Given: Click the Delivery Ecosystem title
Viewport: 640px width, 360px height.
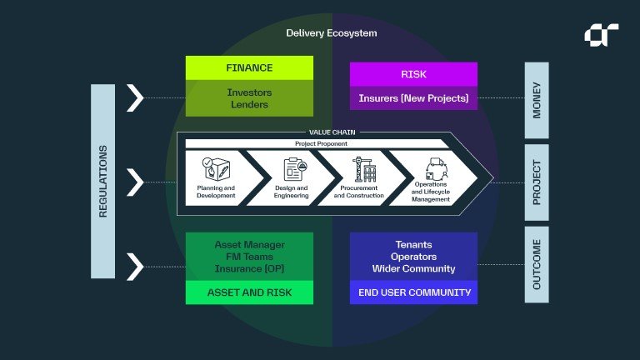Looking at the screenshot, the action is [332, 33].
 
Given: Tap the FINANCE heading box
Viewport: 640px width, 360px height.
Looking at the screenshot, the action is [249, 67].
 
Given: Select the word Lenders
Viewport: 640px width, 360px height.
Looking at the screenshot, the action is [249, 104].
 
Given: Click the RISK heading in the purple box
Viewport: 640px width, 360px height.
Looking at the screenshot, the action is [413, 74].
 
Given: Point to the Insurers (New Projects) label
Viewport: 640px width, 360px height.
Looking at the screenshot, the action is [413, 98].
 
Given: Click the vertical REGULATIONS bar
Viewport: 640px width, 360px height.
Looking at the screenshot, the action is [102, 181].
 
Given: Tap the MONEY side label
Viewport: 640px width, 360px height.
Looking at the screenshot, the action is [537, 100].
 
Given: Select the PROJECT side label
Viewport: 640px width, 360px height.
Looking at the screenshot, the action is [537, 182].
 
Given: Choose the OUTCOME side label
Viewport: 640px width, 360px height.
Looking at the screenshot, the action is [537, 264].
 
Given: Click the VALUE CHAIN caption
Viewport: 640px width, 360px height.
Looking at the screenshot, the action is [332, 132].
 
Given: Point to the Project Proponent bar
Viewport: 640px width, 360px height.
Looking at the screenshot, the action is [317, 143].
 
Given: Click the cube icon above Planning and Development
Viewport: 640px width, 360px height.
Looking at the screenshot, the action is [216, 169].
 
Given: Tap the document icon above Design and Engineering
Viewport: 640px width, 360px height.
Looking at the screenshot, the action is [295, 169].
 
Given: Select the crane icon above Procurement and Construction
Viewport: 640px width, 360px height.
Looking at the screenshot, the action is [364, 169].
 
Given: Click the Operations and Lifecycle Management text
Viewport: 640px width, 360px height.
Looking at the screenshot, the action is [431, 192].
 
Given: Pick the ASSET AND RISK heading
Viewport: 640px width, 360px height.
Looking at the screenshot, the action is [249, 292].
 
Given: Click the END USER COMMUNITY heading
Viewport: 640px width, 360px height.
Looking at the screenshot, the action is [414, 292].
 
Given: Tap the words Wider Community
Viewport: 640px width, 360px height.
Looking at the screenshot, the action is [413, 268].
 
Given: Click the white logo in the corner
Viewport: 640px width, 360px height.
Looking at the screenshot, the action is [601, 35].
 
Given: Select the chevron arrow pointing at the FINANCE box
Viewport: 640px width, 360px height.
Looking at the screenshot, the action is [135, 98].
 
